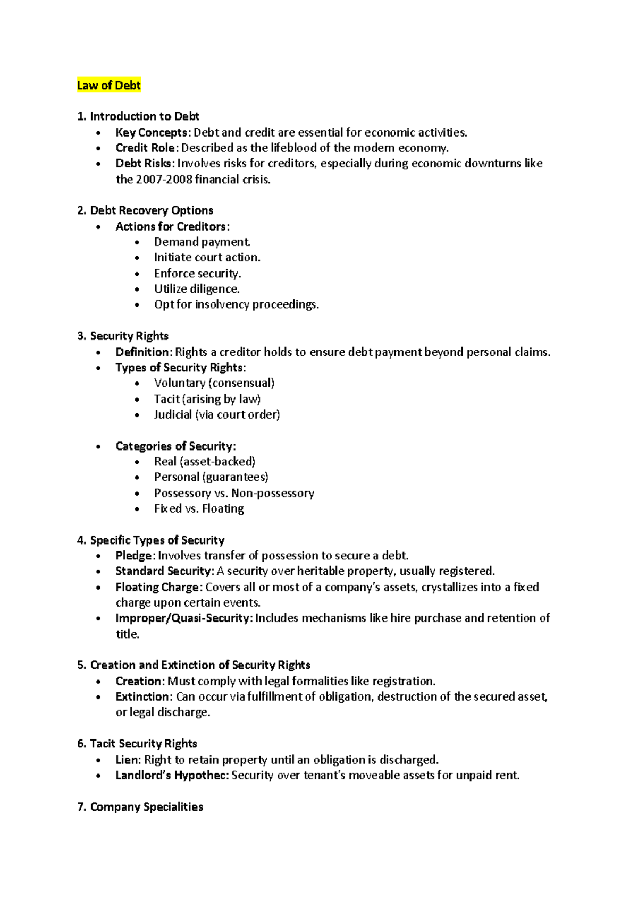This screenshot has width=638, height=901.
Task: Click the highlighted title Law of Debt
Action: [108, 86]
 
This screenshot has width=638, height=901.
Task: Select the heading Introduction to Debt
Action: [144, 116]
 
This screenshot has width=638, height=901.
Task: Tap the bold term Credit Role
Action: [145, 148]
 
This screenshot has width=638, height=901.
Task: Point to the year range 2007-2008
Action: [164, 180]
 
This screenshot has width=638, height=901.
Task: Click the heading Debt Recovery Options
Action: [152, 210]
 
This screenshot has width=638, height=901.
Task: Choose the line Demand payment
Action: [202, 242]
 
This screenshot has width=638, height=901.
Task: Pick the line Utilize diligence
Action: [197, 289]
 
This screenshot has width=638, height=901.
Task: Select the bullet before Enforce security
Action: [137, 274]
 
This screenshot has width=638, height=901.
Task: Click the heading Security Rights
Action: [129, 336]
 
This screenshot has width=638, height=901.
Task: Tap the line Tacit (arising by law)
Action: [207, 399]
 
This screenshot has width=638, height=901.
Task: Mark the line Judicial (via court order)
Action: [216, 414]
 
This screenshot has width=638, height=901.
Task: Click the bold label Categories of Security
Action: [174, 446]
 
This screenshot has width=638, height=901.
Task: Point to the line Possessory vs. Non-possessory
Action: [234, 493]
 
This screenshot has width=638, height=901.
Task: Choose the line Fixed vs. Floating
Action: [199, 509]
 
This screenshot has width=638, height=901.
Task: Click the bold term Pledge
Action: [134, 556]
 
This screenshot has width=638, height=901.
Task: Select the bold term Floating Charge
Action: [157, 587]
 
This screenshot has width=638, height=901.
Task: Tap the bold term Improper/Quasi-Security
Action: [182, 618]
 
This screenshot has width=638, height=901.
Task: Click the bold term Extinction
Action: [142, 696]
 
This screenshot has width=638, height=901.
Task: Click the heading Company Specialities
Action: [146, 807]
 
